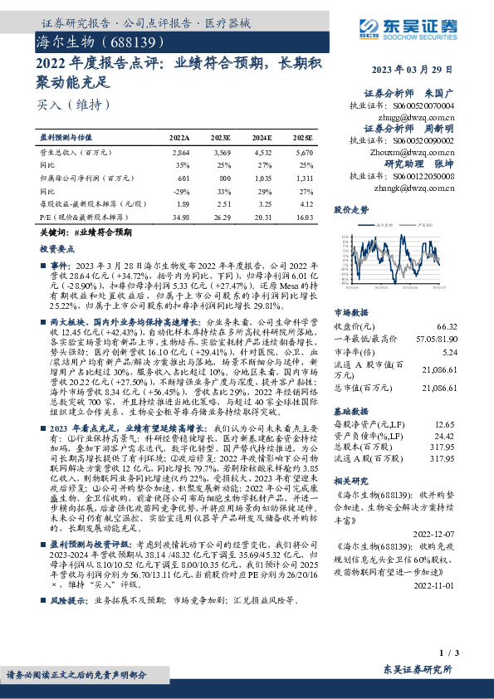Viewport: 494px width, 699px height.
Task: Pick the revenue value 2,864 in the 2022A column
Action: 181,154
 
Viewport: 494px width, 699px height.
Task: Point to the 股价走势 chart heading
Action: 350,211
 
